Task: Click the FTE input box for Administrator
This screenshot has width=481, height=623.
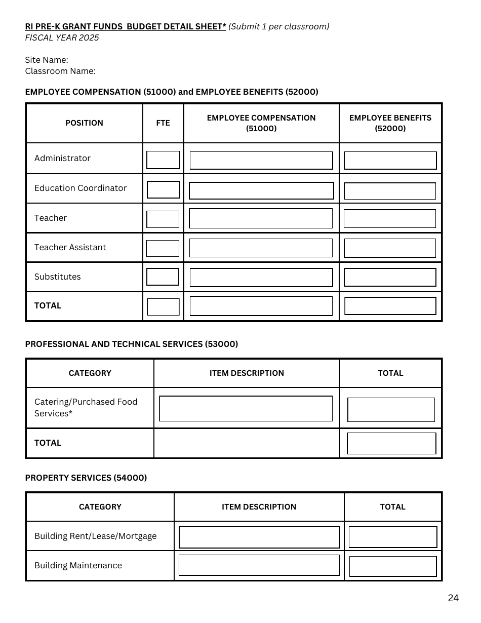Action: (163, 160)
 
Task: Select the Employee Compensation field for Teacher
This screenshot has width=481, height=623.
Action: (261, 218)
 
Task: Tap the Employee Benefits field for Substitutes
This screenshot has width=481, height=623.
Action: (390, 278)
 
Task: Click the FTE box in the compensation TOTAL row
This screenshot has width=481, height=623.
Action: (163, 307)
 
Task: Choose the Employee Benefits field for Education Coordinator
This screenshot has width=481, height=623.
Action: (390, 191)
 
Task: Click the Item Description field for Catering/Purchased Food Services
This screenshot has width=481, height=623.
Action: (246, 409)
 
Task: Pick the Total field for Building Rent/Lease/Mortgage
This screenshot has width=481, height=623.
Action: (393, 537)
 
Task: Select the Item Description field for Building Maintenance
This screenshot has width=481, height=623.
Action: (259, 565)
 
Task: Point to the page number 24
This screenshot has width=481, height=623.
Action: (453, 598)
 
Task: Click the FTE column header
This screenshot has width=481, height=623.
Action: (163, 123)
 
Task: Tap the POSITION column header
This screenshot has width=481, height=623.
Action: (84, 123)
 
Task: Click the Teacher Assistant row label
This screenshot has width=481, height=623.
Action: (70, 247)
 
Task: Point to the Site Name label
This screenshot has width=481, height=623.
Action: (47, 60)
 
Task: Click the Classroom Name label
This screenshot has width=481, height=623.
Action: (60, 71)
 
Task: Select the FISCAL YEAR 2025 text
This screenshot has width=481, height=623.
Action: (62, 38)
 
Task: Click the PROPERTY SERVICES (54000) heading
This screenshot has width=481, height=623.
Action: (86, 478)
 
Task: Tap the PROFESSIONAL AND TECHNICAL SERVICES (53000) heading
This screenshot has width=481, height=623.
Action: (132, 344)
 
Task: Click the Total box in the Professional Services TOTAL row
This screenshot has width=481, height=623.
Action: (391, 443)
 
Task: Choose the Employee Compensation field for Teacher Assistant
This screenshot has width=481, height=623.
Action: (261, 248)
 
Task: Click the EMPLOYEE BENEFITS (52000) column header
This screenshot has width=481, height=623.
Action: (390, 123)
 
